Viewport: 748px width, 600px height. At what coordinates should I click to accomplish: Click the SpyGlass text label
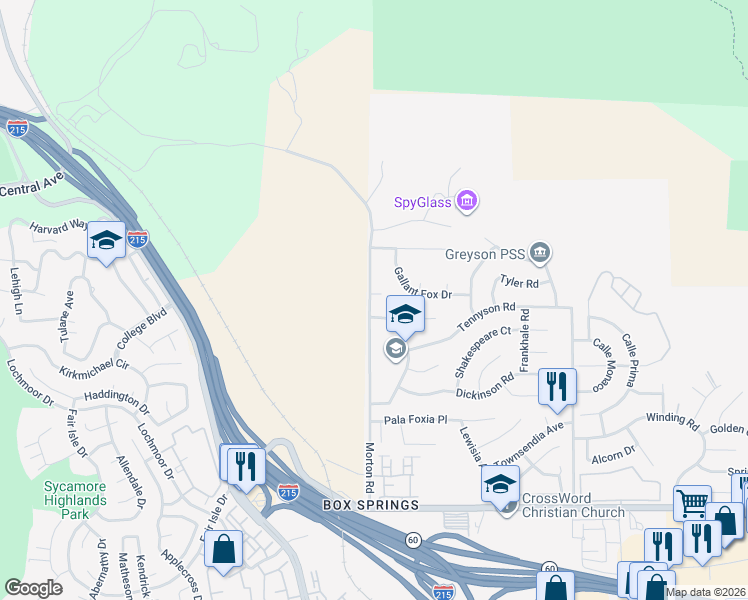[x=421, y=203]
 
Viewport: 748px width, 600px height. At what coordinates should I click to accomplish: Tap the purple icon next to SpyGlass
[x=466, y=203]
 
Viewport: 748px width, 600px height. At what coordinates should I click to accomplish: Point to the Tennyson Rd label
[x=487, y=318]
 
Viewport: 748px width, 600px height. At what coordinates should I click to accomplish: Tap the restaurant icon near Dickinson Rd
[x=557, y=385]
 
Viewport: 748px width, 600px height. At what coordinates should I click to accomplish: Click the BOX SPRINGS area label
[x=369, y=506]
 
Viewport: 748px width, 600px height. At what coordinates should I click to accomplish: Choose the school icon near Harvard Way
[x=106, y=240]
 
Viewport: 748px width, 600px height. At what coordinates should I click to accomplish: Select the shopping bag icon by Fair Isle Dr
[x=225, y=549]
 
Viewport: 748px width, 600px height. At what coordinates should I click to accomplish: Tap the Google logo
[x=33, y=588]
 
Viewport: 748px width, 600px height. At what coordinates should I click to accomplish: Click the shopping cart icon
[x=692, y=503]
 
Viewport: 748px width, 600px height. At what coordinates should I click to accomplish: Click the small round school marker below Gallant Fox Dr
[x=395, y=349]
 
